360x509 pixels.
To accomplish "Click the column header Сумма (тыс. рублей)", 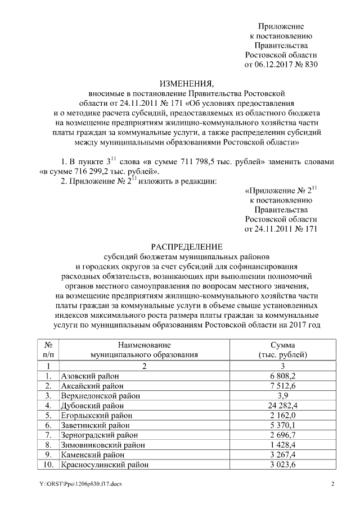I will point(281,349).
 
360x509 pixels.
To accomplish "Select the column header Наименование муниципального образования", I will point(144,349).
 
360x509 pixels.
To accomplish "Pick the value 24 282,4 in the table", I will point(281,405).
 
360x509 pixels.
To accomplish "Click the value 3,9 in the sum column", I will point(281,395).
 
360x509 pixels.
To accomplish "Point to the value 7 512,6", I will point(281,386).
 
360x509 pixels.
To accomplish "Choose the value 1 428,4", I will point(281,445).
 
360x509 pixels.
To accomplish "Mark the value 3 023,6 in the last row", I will point(281,465).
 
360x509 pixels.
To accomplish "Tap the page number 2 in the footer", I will point(332,484).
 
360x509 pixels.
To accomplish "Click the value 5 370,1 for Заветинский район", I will point(281,425).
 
